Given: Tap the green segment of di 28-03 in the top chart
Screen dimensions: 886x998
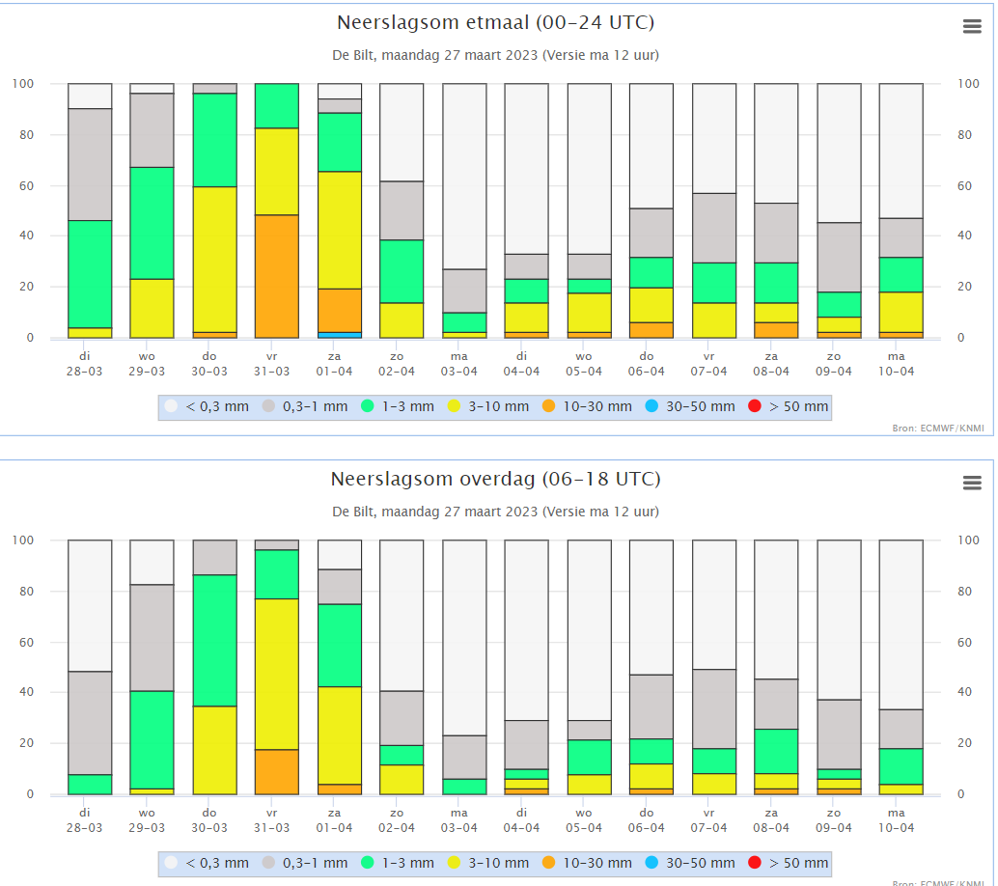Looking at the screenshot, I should [x=90, y=274].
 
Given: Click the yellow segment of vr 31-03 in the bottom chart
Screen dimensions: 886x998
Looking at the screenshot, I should [x=277, y=674].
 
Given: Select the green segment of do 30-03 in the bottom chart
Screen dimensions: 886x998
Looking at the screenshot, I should [x=214, y=640].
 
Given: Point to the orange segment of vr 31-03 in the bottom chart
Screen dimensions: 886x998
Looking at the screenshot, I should [x=277, y=771].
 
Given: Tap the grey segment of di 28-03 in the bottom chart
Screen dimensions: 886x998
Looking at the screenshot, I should [x=90, y=723].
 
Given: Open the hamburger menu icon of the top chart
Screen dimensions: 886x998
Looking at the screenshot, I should [x=972, y=27].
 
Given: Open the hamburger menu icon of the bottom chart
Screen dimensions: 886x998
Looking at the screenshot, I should [x=972, y=483].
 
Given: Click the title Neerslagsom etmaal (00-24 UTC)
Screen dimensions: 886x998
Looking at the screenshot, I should [x=502, y=23].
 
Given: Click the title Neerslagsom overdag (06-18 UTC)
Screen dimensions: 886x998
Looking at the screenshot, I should [x=496, y=480].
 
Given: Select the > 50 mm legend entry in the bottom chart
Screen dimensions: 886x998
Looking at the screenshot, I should [x=790, y=863].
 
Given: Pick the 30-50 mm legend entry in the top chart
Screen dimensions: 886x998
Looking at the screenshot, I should [x=692, y=406].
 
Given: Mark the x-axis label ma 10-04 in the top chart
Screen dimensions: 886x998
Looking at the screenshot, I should [x=896, y=364].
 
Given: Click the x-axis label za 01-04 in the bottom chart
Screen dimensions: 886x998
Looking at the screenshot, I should [x=334, y=820].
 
